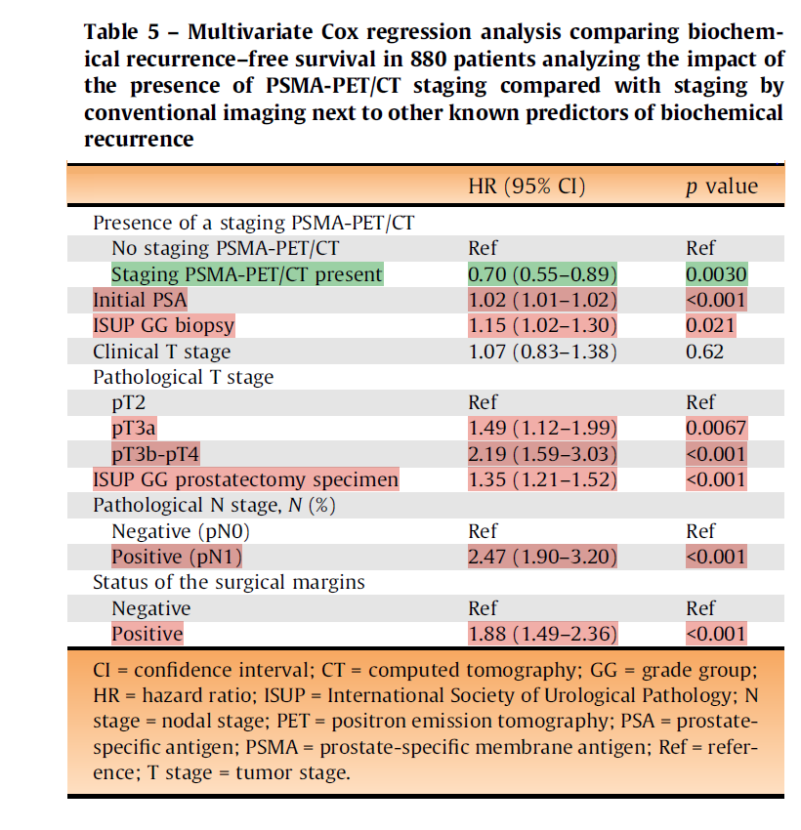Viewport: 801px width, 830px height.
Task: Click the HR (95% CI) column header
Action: (527, 187)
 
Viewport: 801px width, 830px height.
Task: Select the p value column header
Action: (721, 187)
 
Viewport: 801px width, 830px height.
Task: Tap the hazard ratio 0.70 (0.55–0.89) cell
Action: (542, 274)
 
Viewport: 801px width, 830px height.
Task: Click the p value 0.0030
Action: (716, 274)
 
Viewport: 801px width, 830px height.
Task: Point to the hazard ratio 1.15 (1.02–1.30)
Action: (542, 325)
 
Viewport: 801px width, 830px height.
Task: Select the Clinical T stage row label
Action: (161, 351)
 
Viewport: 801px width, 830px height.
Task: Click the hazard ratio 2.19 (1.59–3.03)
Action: (542, 454)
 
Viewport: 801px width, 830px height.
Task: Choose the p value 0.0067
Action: (716, 428)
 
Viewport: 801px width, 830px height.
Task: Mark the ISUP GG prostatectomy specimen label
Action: (245, 479)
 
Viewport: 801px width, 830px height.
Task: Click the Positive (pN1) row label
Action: (177, 557)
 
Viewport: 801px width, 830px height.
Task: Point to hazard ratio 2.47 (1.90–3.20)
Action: (542, 557)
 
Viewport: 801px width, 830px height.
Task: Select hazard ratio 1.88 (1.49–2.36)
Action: (542, 634)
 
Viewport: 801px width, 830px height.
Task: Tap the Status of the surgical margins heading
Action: (229, 582)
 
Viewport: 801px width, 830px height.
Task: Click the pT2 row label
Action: (129, 402)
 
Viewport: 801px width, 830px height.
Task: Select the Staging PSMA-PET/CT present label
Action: (246, 274)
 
